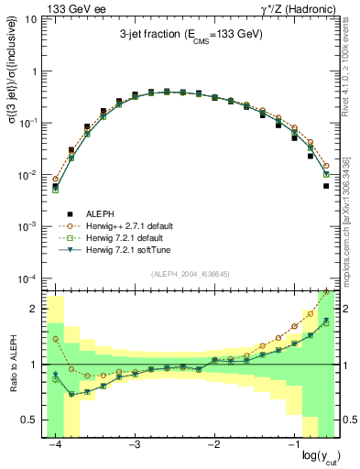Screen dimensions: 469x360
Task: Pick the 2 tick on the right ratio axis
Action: click(x=349, y=309)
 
